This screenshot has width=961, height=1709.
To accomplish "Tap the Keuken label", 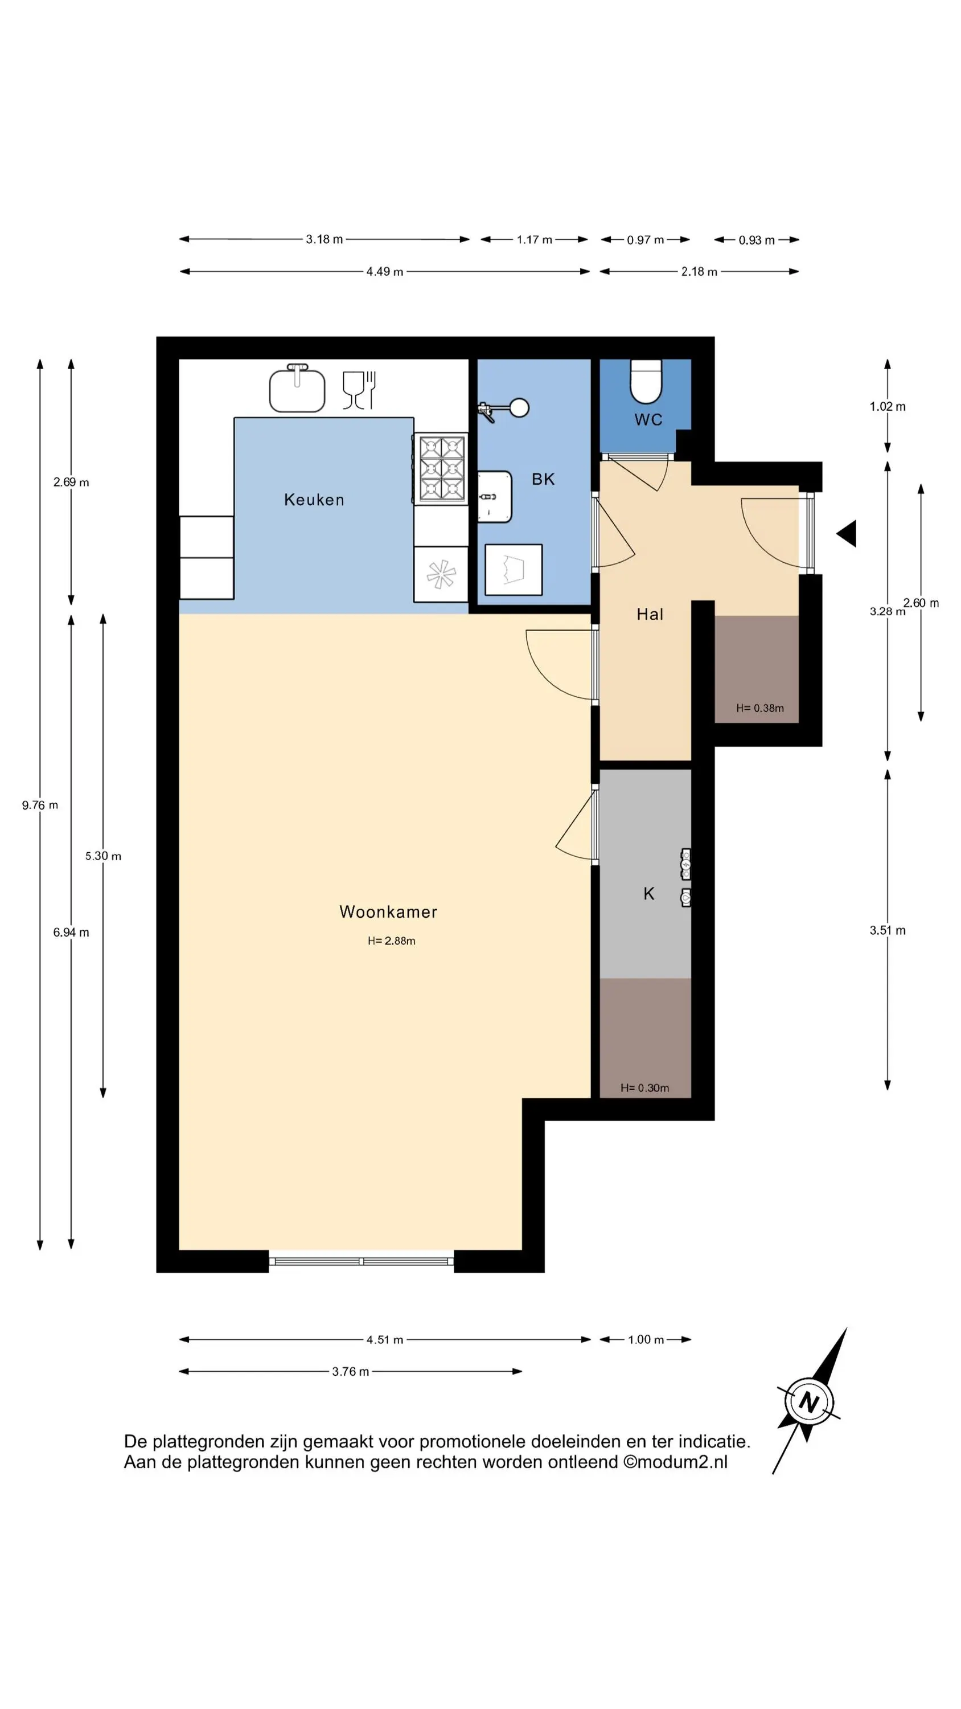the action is click(314, 500).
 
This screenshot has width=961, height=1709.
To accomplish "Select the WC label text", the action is click(648, 419).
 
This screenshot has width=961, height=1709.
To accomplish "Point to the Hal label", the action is click(650, 614).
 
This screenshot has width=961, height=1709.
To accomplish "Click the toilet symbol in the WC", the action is click(646, 382).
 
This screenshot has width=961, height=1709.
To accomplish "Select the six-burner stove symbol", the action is click(441, 468).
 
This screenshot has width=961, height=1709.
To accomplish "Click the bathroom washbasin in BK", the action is click(495, 496).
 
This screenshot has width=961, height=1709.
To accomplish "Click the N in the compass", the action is click(808, 1402).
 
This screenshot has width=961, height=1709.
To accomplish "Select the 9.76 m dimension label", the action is click(40, 806).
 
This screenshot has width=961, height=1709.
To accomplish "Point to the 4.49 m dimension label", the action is click(385, 271).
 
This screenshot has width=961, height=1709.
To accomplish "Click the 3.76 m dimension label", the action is click(350, 1371).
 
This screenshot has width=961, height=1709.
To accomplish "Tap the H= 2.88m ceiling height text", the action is click(391, 941).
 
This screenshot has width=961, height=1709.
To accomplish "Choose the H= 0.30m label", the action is click(644, 1088).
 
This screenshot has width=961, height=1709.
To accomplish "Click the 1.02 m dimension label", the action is click(888, 407).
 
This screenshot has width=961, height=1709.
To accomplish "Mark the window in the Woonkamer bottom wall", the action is click(362, 1261).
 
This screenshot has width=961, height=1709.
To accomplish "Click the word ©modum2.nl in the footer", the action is click(675, 1462).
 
